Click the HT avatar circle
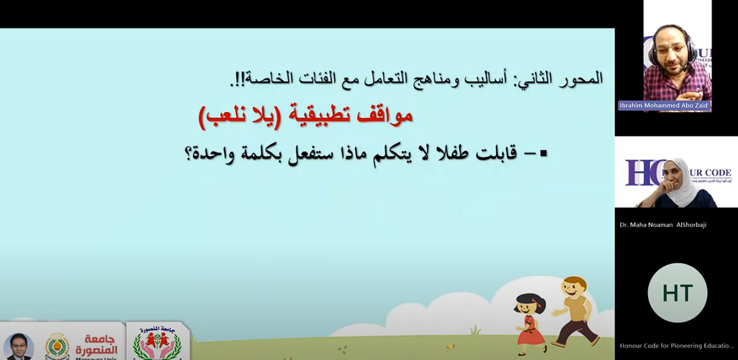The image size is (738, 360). point(677,293)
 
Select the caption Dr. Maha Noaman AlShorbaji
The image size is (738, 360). point(663,225)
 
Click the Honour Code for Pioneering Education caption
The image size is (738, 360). point(677,346)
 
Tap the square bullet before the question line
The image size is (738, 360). point(544,154)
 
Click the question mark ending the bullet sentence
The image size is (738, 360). point(190,156)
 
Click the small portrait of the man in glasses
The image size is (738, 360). point(18,346)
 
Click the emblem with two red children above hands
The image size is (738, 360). point(157,344)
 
